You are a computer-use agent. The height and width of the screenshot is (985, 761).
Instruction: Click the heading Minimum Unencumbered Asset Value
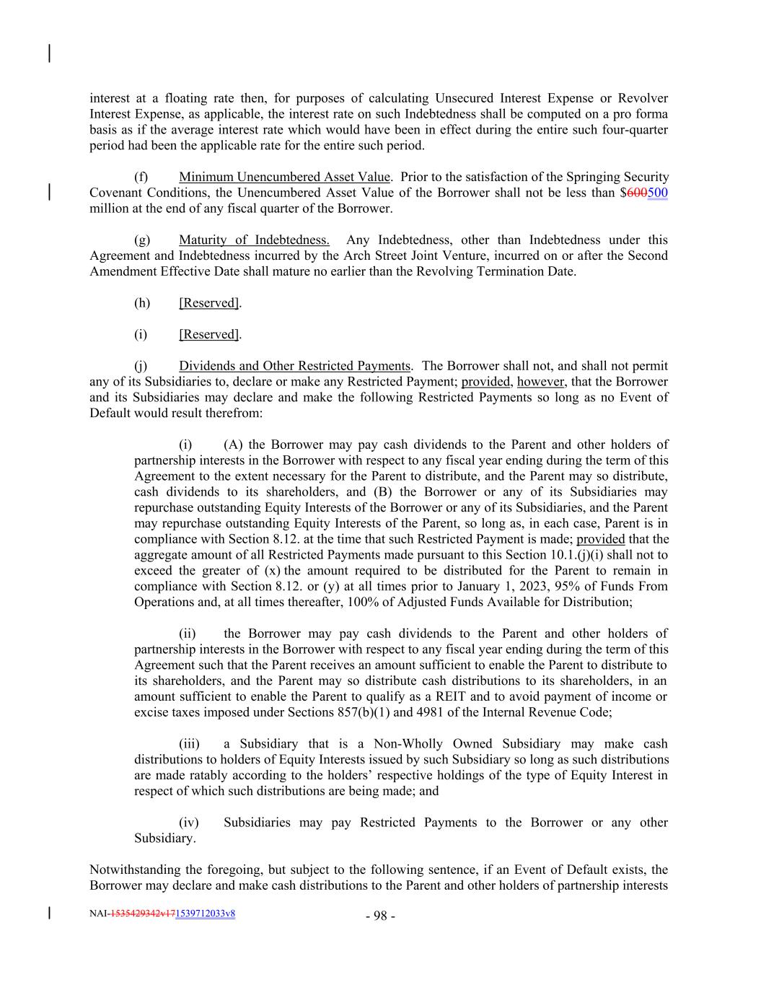click(x=284, y=177)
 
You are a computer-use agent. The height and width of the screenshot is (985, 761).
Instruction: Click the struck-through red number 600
click(x=637, y=193)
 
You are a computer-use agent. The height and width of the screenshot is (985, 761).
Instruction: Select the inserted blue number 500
click(x=657, y=193)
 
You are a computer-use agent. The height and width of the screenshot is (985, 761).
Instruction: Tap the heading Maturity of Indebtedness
click(x=254, y=240)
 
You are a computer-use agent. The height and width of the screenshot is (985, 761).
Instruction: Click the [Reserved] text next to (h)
click(x=209, y=302)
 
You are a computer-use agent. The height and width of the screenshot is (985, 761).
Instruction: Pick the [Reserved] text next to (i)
click(x=209, y=334)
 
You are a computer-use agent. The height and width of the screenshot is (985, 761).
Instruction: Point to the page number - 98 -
click(x=380, y=916)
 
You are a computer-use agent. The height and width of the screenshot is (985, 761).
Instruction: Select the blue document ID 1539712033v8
click(x=206, y=914)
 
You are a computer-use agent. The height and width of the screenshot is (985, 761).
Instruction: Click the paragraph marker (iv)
click(x=188, y=822)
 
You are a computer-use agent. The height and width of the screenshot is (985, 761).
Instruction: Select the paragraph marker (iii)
click(x=189, y=743)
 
